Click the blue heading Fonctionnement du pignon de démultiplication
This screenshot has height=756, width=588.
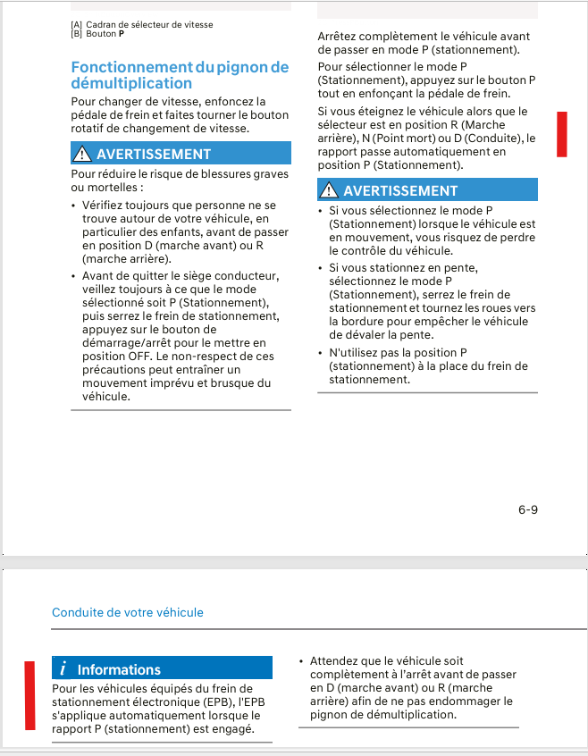[180, 75]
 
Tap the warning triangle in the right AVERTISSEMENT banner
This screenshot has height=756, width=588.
[330, 190]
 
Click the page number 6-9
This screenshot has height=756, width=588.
[527, 510]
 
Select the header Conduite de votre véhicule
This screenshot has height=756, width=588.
[128, 612]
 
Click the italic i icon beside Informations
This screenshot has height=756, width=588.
[63, 669]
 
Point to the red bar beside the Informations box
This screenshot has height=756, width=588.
[29, 696]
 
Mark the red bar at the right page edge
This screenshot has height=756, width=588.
[562, 134]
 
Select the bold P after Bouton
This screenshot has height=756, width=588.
[121, 33]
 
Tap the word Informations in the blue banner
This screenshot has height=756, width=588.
[119, 669]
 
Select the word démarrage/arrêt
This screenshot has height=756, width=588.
[125, 342]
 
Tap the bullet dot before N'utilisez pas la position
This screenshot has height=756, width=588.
[320, 353]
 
